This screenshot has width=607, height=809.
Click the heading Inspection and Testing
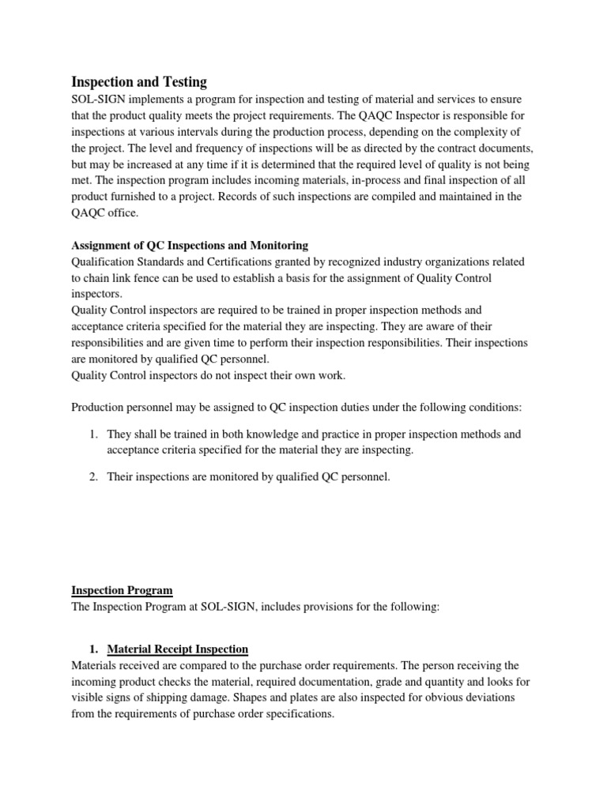(x=139, y=81)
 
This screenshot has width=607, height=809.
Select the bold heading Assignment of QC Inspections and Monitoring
(x=190, y=246)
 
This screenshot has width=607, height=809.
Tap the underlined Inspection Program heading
(x=122, y=590)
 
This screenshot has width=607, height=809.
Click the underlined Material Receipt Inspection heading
(x=178, y=649)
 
